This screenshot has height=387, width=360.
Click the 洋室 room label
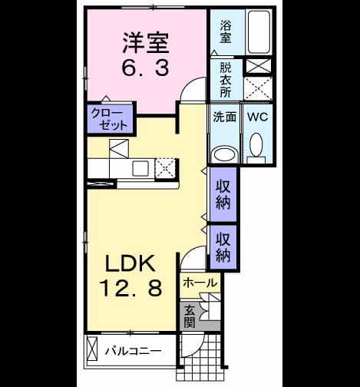pyautogui.click(x=146, y=43)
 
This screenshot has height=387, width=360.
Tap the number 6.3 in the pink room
pyautogui.click(x=146, y=68)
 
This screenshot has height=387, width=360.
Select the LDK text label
pyautogui.click(x=130, y=263)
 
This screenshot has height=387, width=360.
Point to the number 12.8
pyautogui.click(x=130, y=288)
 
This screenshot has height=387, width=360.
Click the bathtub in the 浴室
pyautogui.click(x=259, y=31)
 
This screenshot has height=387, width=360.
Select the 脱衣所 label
pyautogui.click(x=226, y=80)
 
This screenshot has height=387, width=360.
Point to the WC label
pyautogui.click(x=258, y=117)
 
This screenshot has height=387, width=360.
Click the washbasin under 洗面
pyautogui.click(x=224, y=154)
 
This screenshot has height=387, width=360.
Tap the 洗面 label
pyautogui.click(x=225, y=117)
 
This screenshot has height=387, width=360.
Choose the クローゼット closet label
pyautogui.click(x=109, y=119)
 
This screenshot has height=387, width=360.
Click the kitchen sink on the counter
pyautogui.click(x=140, y=168)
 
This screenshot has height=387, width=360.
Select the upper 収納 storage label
pyautogui.click(x=223, y=194)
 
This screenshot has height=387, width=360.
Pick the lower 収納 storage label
pyautogui.click(x=223, y=247)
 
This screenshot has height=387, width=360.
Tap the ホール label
pyautogui.click(x=200, y=283)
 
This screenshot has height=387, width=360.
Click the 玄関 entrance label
pyautogui.click(x=190, y=316)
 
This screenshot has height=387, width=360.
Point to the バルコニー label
pyautogui.click(x=134, y=351)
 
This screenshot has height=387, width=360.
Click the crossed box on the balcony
pyautogui.click(x=92, y=349)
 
